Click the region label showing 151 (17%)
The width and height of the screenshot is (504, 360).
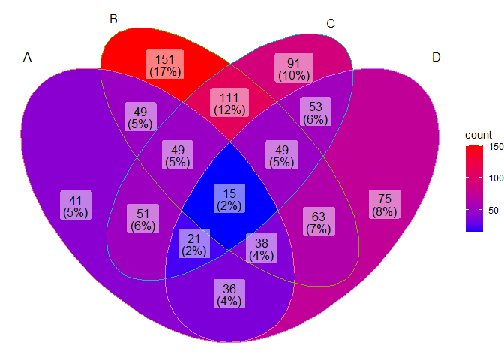coord(165,65)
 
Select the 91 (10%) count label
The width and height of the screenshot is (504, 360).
coord(293,68)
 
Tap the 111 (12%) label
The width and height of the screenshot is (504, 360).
coord(229,103)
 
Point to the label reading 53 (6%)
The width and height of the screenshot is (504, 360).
coord(316,112)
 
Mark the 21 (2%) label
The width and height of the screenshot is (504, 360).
coord(193,244)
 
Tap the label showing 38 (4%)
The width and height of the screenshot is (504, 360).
coord(261,248)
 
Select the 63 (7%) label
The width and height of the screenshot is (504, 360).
coord(319,223)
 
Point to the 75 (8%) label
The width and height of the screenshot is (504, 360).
coord(385,205)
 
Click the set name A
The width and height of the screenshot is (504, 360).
coord(28,58)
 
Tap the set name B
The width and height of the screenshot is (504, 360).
coord(113,19)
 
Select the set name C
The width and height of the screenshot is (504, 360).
coord(331,24)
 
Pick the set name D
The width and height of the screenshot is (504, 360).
coord(436,58)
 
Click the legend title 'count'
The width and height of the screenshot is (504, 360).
coord(478,134)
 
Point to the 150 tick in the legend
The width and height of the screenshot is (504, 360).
coord(495,147)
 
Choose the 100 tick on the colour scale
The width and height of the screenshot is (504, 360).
coord(495,178)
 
